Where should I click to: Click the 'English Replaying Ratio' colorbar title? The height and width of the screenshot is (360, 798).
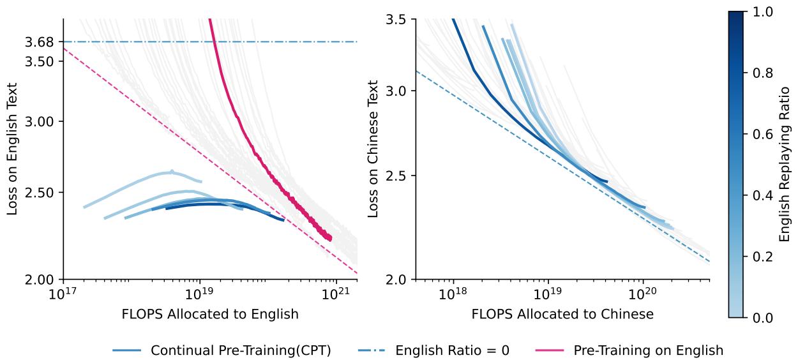(x=785, y=164)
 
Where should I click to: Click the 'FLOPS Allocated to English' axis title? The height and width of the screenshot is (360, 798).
(x=210, y=314)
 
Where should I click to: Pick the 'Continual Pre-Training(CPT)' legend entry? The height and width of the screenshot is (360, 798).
(x=241, y=350)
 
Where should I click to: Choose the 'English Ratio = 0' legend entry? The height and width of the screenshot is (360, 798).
(x=452, y=350)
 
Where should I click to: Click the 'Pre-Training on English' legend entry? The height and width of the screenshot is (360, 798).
(x=648, y=350)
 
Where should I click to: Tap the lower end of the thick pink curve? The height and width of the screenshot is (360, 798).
(x=330, y=239)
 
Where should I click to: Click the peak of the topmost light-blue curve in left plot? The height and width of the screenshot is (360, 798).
(x=172, y=172)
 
